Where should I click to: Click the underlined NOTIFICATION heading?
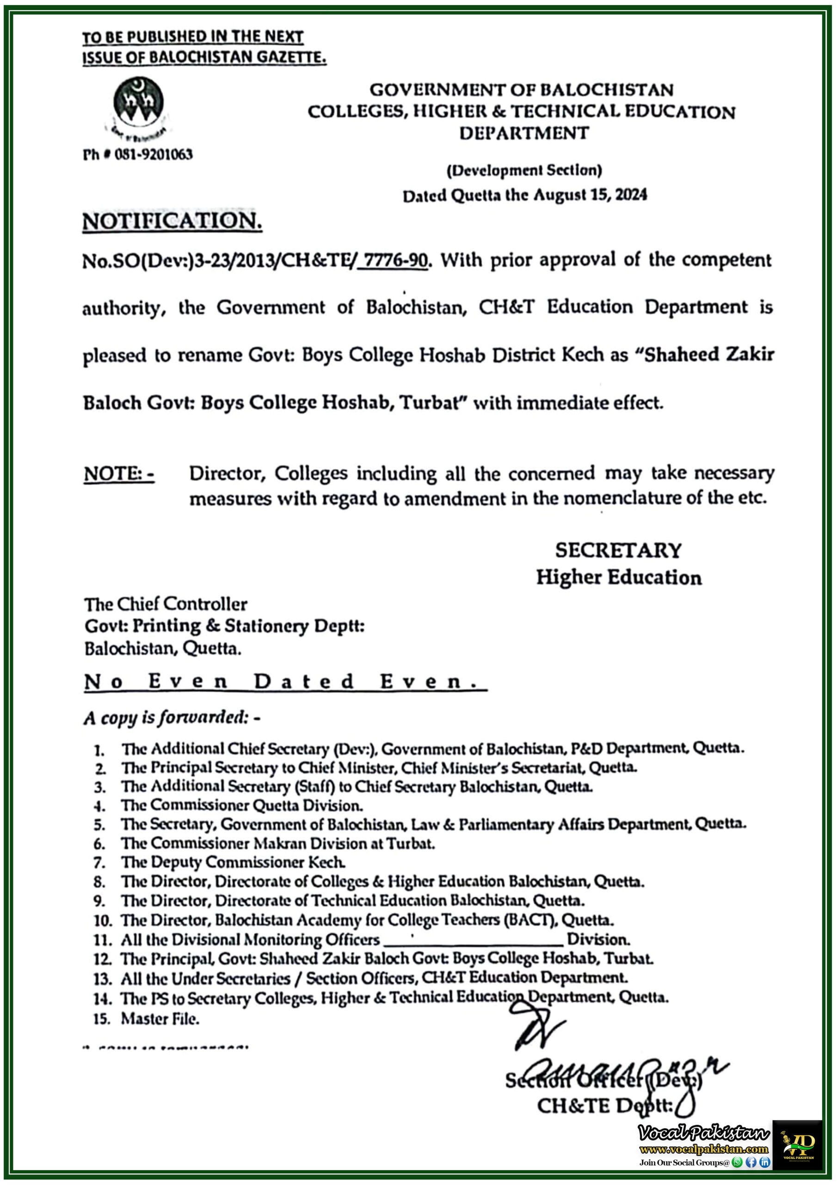(x=172, y=221)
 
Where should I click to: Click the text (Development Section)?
(x=524, y=170)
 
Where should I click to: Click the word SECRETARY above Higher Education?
(x=618, y=550)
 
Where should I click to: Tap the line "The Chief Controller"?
(x=166, y=604)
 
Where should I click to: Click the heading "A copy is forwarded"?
(x=172, y=717)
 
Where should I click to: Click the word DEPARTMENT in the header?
(x=524, y=133)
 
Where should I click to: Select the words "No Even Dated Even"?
(x=285, y=682)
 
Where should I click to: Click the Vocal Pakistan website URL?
(x=703, y=1149)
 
